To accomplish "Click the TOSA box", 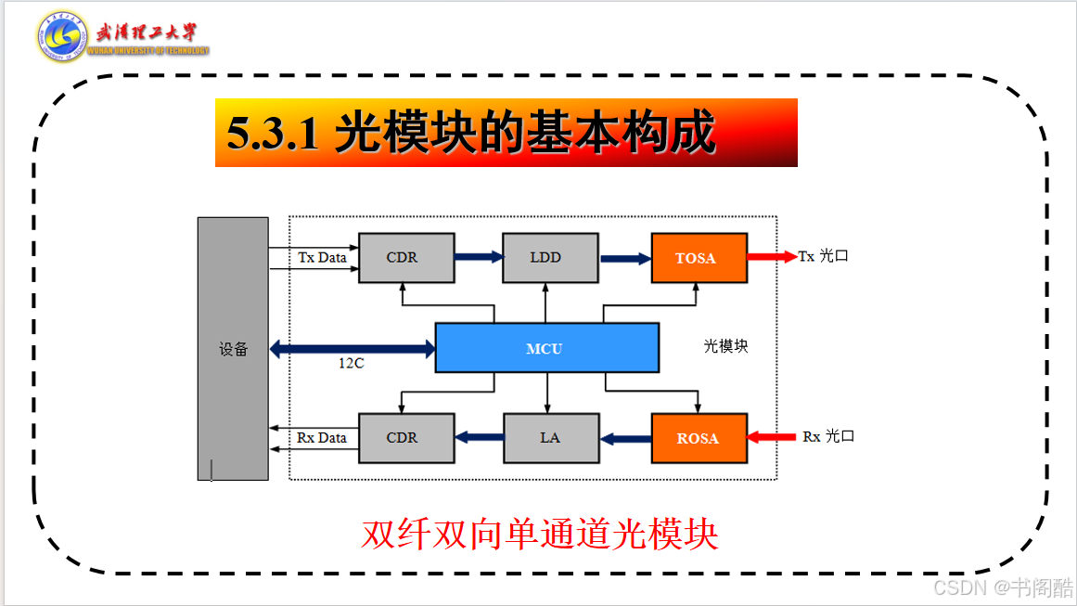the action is click(699, 258).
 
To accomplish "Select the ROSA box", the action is click(699, 438).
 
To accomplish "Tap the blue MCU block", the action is click(546, 348).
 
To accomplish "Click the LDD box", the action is click(550, 258).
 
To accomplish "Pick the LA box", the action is click(551, 438).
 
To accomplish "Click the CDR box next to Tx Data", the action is click(406, 258).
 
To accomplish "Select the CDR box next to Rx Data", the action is click(406, 438).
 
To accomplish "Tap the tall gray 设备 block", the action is click(233, 348).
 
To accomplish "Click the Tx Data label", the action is click(322, 257).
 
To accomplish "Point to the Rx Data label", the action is click(322, 438).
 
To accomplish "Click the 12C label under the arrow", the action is click(351, 363).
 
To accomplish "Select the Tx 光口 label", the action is click(823, 256).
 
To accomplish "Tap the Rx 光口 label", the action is click(828, 436).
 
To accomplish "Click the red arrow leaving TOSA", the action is click(772, 256).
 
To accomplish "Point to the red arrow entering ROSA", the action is click(771, 436).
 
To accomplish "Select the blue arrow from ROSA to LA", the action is click(626, 438).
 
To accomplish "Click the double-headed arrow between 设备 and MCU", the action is click(353, 348).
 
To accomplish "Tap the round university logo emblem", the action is click(62, 36).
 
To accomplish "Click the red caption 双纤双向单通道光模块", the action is click(540, 534).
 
